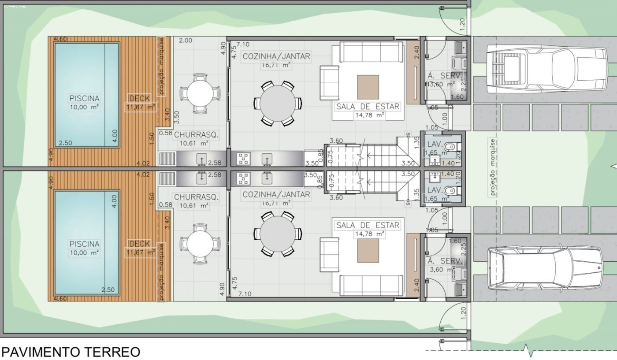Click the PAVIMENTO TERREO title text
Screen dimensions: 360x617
pos(71,352)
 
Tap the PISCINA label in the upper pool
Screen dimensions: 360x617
pos(84,98)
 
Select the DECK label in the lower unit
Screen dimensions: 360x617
pos(140,244)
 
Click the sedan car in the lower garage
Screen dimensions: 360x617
pos(546,267)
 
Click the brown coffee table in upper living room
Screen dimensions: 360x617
pos(368,87)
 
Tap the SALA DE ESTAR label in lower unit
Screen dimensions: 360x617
pos(368,225)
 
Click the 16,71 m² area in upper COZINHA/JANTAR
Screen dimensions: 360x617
pos(276,65)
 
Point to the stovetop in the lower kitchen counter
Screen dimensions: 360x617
pos(243,178)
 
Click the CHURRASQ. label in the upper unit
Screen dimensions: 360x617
pos(196,135)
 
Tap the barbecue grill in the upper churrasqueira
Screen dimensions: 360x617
pos(167,158)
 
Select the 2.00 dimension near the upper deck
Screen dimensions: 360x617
pos(186,41)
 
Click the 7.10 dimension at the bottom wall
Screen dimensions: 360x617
pos(245,294)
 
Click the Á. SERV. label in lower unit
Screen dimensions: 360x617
pos(445,261)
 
